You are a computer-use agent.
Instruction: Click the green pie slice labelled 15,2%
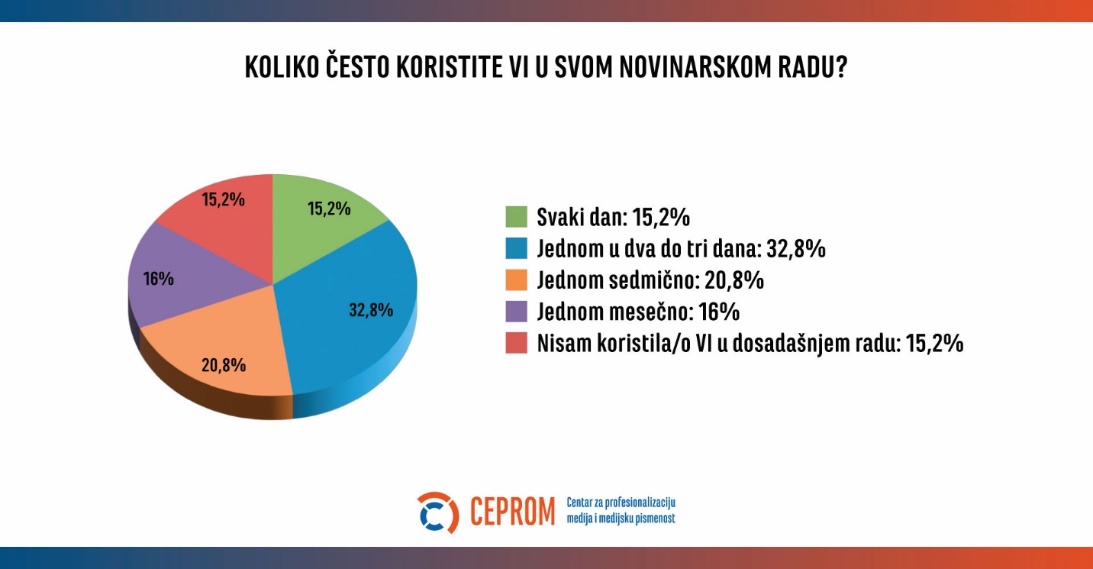click(321, 229)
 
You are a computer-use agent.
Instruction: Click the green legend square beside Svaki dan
click(517, 217)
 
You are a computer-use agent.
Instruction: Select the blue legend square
click(517, 248)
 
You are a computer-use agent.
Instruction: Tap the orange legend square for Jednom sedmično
click(517, 280)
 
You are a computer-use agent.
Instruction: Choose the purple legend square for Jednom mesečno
click(517, 312)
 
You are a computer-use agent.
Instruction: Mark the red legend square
click(517, 344)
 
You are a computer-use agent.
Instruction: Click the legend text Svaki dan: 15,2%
click(613, 217)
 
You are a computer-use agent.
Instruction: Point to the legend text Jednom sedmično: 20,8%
click(650, 280)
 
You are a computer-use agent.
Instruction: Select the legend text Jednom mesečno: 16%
click(638, 312)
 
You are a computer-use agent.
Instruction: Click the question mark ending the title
click(841, 67)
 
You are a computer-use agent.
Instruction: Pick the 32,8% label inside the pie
click(371, 310)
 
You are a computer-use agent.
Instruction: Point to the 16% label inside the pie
click(159, 279)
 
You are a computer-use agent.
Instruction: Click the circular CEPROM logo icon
click(437, 512)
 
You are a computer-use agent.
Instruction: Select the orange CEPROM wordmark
click(512, 512)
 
